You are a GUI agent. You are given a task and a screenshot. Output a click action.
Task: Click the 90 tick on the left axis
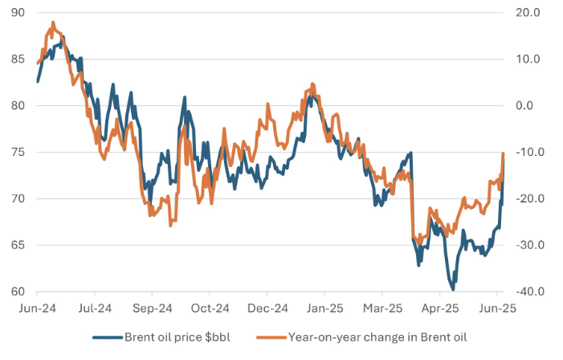[18, 13]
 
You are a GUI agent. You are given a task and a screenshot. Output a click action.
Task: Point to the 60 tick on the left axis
[18, 292]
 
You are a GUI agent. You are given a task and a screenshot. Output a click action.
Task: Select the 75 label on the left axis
[18, 152]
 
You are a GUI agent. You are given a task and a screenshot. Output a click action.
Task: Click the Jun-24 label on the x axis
[38, 308]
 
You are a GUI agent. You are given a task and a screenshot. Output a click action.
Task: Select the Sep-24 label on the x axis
[153, 308]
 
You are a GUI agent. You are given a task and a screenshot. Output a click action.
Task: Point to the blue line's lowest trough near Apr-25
[453, 288]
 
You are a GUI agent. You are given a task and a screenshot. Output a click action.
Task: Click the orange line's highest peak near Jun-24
[53, 23]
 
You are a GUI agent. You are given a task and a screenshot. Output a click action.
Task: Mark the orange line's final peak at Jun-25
[504, 153]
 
